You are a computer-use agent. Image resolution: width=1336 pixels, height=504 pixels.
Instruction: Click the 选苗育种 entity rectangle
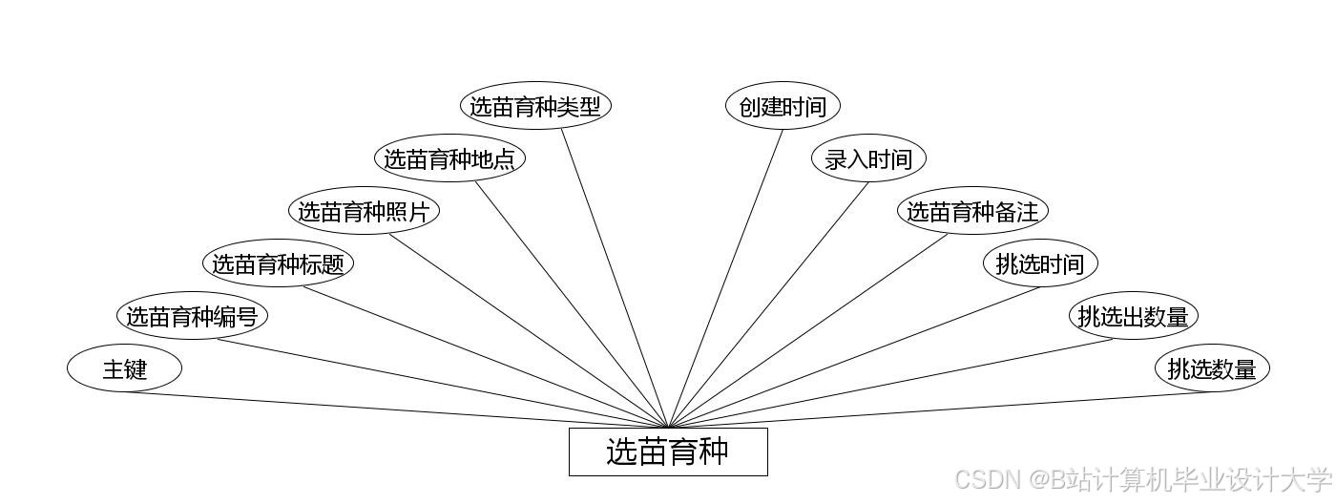pyautogui.click(x=668, y=451)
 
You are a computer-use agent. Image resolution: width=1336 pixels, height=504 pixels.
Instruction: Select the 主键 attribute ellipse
pyautogui.click(x=124, y=368)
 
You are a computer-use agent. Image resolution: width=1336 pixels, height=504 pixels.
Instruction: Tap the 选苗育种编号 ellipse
pyautogui.click(x=192, y=316)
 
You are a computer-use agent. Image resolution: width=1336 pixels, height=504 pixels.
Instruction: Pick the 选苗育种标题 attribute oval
pyautogui.click(x=278, y=263)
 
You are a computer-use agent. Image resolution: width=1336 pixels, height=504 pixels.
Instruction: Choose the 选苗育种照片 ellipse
pyautogui.click(x=364, y=211)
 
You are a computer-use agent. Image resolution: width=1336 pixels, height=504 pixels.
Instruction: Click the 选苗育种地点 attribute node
pyautogui.click(x=449, y=158)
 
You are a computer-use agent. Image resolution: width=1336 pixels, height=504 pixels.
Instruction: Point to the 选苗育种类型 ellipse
pyautogui.click(x=535, y=106)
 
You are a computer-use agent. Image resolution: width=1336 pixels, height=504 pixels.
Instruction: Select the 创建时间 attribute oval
pyautogui.click(x=783, y=106)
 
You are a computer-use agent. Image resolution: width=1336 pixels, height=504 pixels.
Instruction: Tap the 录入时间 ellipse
pyautogui.click(x=868, y=158)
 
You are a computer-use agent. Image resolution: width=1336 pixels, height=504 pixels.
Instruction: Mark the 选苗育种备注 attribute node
pyautogui.click(x=972, y=211)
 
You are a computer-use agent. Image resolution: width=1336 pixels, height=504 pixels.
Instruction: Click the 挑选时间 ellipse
pyautogui.click(x=1040, y=263)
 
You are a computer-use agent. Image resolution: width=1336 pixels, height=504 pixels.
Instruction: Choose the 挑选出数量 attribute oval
pyautogui.click(x=1133, y=316)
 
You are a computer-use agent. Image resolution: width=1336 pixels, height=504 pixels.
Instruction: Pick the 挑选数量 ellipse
pyautogui.click(x=1212, y=368)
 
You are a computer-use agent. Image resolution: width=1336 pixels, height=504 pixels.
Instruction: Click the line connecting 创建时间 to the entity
pyautogui.click(x=725, y=279)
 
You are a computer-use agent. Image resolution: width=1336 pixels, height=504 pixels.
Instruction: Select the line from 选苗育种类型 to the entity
pyautogui.click(x=615, y=279)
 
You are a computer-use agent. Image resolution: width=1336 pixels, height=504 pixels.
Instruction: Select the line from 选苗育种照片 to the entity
pyautogui.click(x=530, y=331)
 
